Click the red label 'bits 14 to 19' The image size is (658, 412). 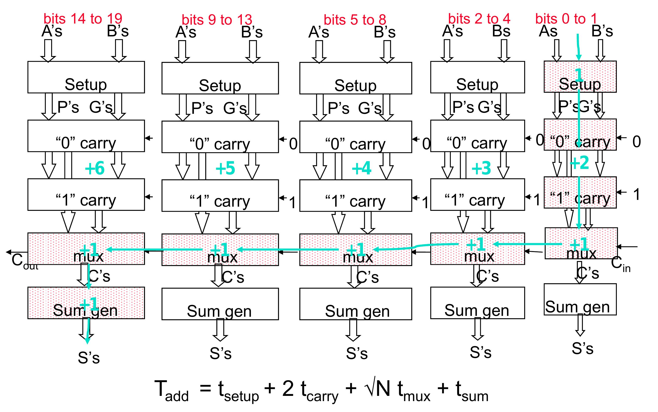click(x=83, y=19)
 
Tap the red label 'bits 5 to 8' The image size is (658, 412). click(x=355, y=20)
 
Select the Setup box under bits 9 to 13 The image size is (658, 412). click(x=220, y=78)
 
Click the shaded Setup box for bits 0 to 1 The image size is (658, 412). click(x=580, y=77)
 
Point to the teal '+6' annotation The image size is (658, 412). click(x=95, y=168)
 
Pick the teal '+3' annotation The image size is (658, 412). click(x=481, y=168)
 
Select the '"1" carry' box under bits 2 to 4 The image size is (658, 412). click(x=477, y=194)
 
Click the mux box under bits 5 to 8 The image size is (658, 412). click(x=355, y=250)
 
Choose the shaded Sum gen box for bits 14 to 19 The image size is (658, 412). click(x=86, y=303)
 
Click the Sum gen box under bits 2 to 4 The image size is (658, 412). click(x=477, y=303)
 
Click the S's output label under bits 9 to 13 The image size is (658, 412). click(x=220, y=353)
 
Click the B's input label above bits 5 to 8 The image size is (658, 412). click(x=384, y=32)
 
